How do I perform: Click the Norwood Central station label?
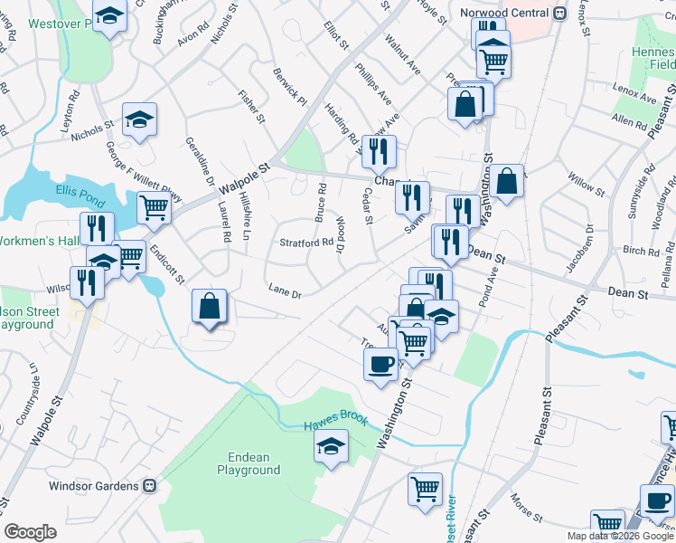coord(503,13)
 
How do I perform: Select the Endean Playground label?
coord(249,463)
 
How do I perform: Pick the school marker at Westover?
coord(110,15)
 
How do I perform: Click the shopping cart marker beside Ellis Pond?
coord(154,206)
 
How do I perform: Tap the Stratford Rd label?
coord(305,243)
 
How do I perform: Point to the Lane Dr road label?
coord(284,291)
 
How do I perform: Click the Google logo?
coord(30,532)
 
